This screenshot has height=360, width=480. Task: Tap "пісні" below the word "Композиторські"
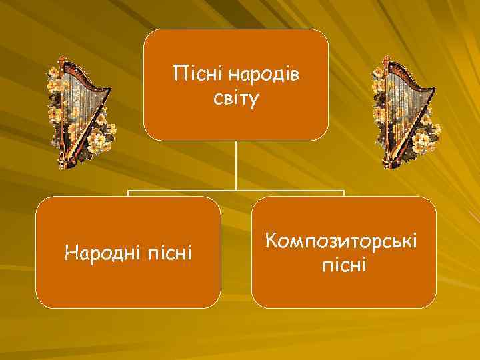344,266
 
